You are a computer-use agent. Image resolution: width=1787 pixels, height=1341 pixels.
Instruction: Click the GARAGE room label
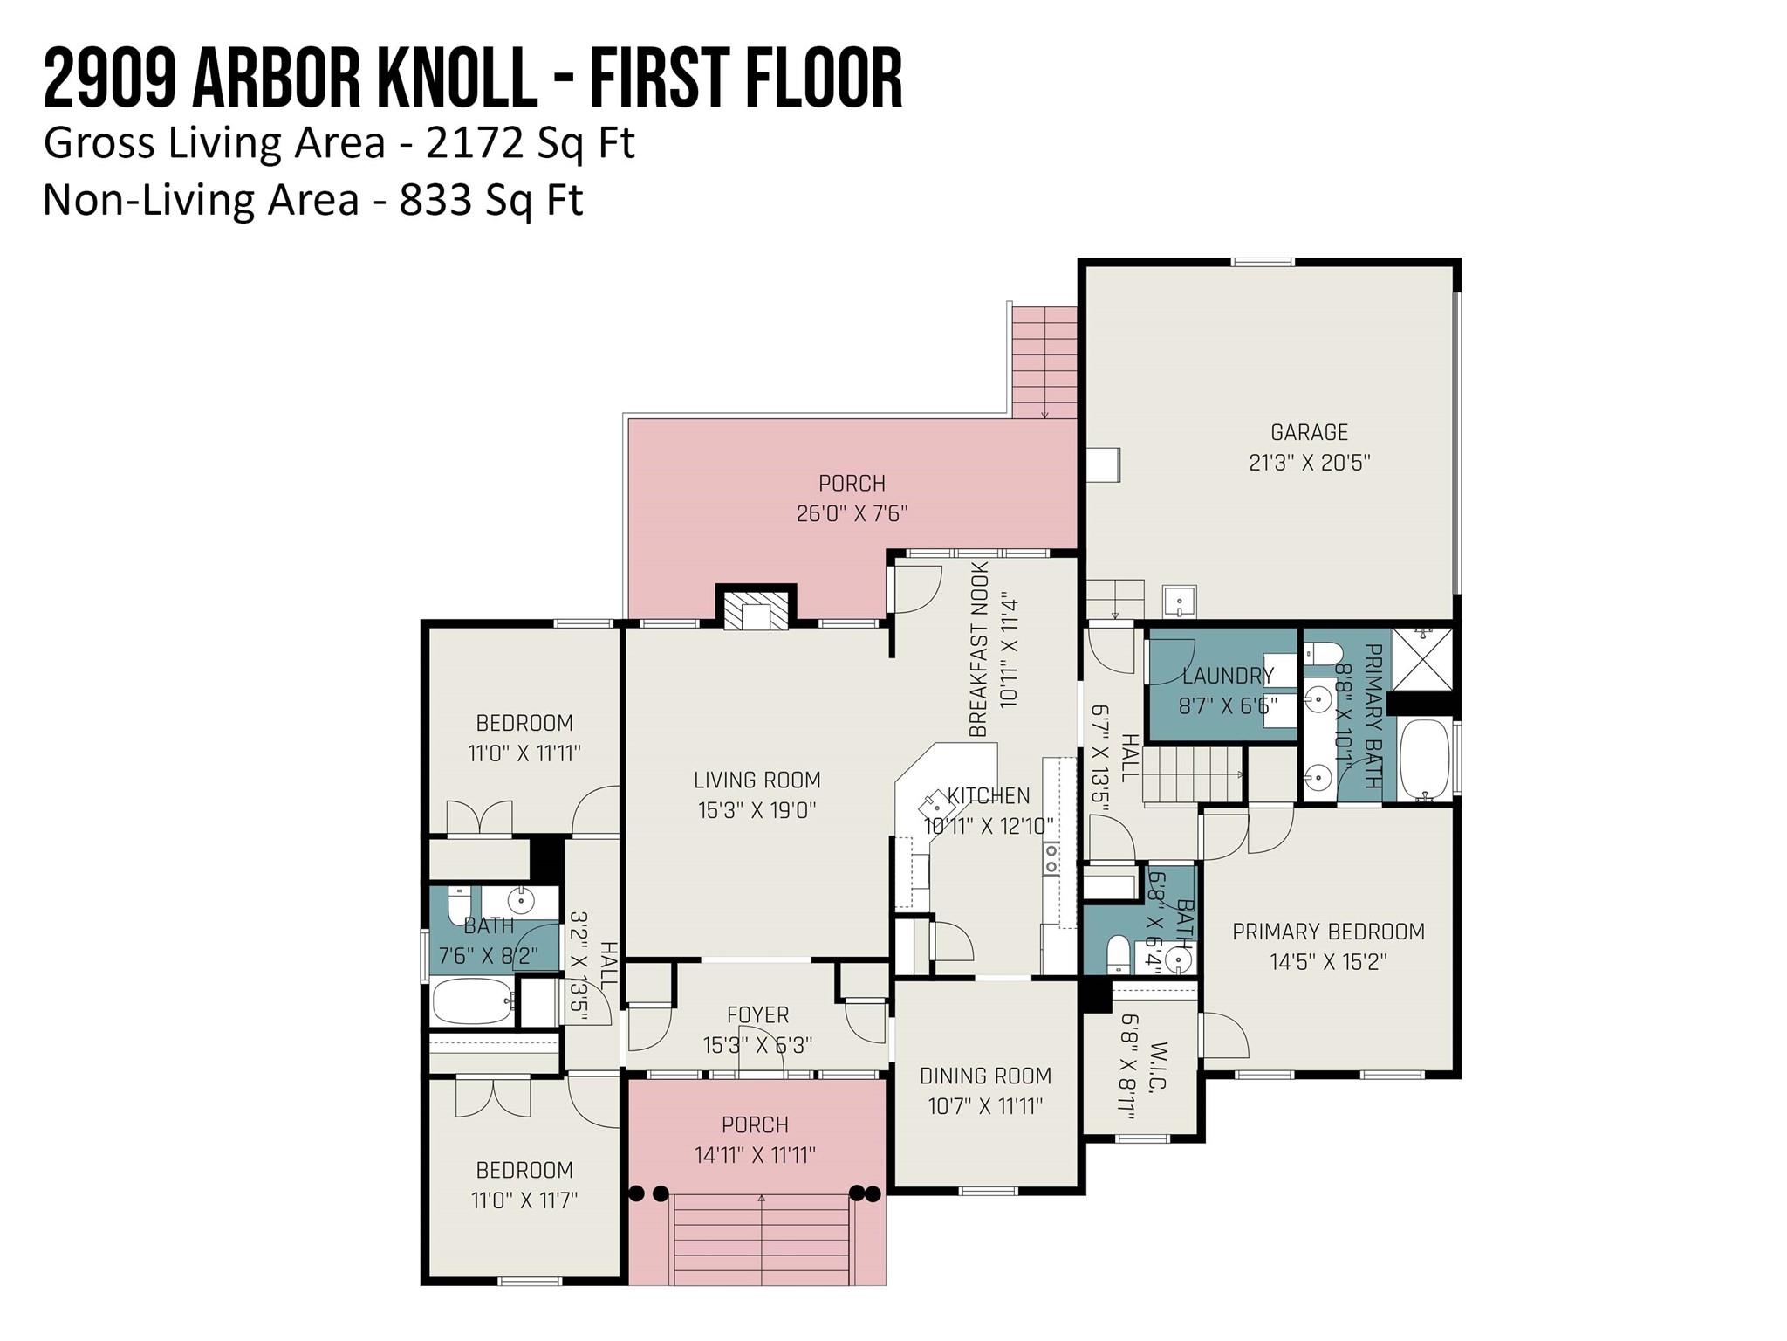click(x=1309, y=432)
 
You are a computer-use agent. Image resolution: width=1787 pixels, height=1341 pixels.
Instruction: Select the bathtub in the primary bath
click(x=1424, y=759)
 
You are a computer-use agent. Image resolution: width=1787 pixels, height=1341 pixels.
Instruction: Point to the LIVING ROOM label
click(x=757, y=780)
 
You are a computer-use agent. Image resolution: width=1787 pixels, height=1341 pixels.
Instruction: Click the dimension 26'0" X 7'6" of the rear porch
click(x=852, y=513)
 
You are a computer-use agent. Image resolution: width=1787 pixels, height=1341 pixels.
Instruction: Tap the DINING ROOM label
click(x=985, y=1076)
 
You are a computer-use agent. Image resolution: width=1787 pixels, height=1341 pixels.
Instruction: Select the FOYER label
click(x=757, y=1014)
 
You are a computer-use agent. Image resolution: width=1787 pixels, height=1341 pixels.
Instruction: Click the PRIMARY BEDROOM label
click(x=1328, y=932)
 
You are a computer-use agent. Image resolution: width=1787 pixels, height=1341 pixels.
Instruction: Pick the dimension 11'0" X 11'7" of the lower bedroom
click(x=524, y=1200)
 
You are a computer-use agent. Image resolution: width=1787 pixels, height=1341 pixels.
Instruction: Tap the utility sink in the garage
click(x=1180, y=602)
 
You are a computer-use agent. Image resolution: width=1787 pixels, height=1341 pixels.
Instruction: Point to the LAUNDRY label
click(x=1228, y=676)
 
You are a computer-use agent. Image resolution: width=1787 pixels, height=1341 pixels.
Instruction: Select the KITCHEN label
click(x=989, y=795)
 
